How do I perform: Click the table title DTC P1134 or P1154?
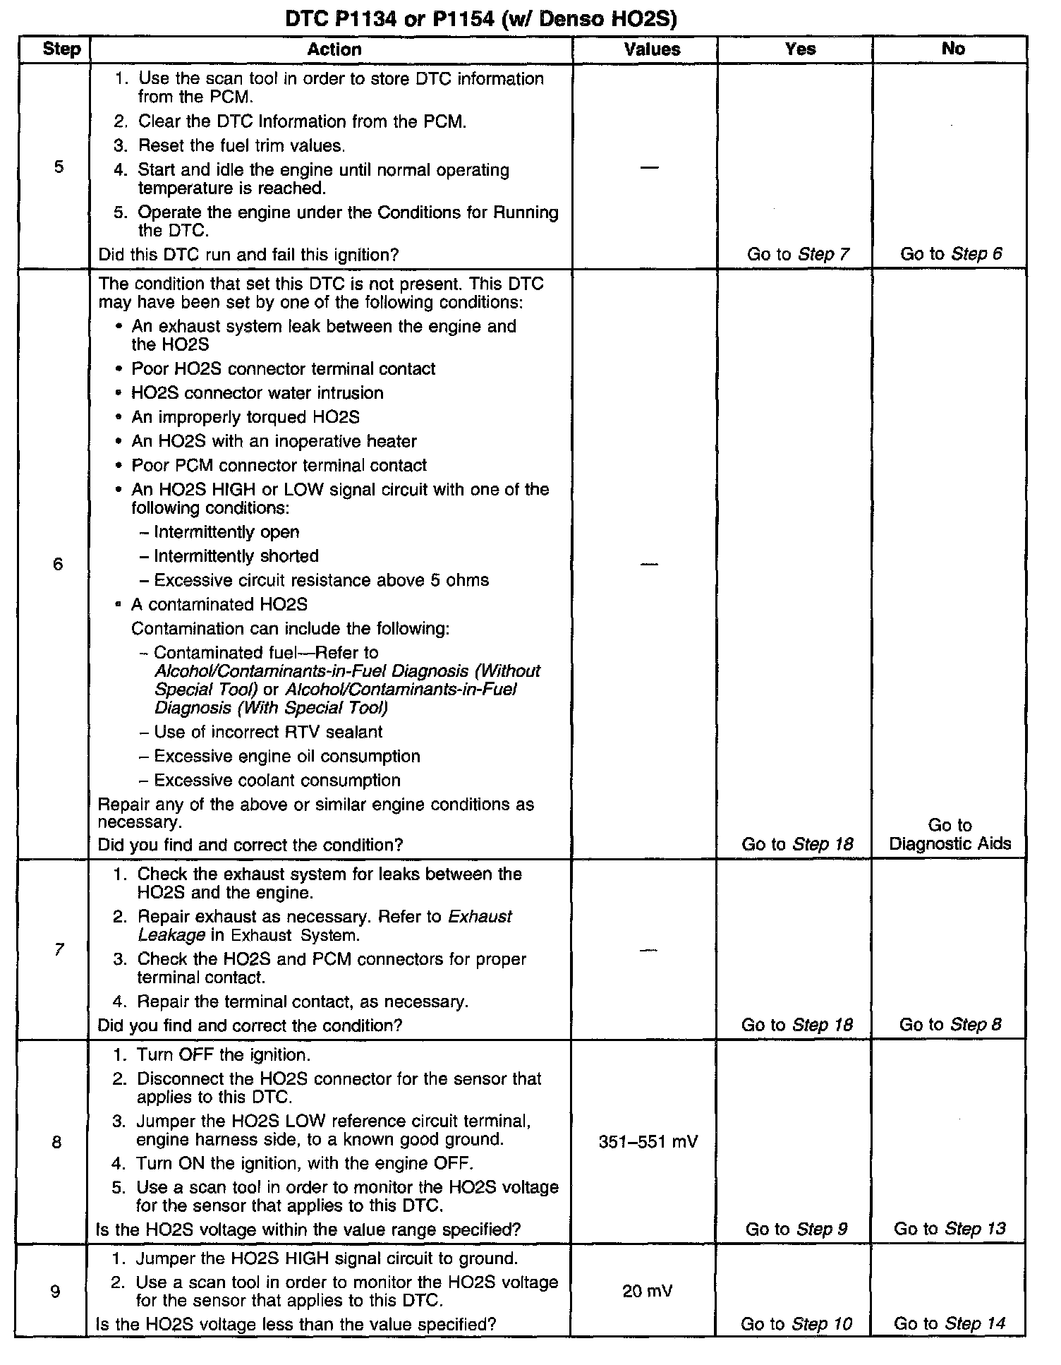480,19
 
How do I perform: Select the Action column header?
334,49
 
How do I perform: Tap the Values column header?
652,49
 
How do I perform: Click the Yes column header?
800,49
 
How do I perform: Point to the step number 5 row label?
58,167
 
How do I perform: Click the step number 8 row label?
56,1142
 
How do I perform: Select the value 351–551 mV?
648,1142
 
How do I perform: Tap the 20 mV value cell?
647,1292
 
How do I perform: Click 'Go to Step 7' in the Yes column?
798,254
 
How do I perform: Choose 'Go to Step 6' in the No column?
951,254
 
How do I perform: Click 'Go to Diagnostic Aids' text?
950,834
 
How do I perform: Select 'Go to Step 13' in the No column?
950,1229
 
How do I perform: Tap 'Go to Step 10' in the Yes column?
796,1324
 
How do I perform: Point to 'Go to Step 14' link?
950,1323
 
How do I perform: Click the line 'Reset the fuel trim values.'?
241,146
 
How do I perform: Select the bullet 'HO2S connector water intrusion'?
257,393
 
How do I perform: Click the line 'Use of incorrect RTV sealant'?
267,733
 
